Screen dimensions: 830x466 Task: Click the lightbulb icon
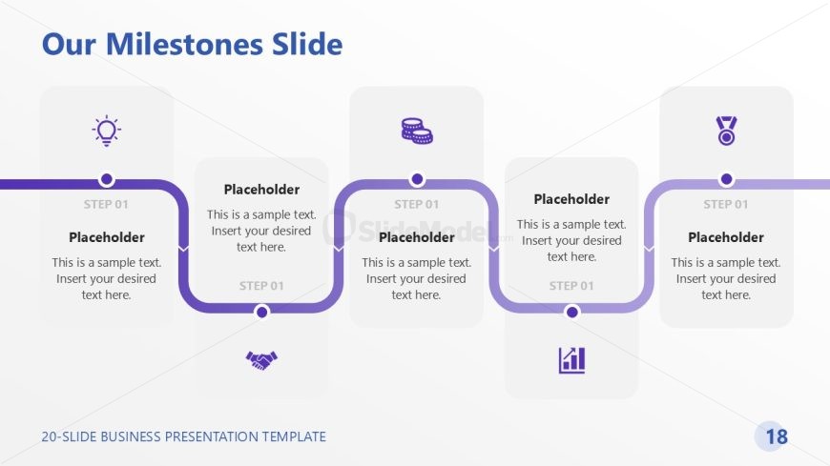[107, 131]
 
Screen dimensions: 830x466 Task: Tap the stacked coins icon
[417, 131]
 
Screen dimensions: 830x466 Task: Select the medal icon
[726, 131]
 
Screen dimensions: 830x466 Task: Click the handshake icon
[261, 360]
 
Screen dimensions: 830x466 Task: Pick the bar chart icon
[571, 360]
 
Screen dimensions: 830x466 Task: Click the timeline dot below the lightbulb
[107, 179]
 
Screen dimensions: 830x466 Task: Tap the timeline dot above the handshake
[261, 312]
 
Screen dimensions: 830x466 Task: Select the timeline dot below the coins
[417, 179]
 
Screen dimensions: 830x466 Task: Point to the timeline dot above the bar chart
[571, 312]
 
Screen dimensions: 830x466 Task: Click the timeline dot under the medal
[726, 179]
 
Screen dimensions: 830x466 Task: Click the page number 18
[777, 436]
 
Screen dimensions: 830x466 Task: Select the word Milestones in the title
[184, 44]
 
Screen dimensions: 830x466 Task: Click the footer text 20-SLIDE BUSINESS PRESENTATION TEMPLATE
[184, 436]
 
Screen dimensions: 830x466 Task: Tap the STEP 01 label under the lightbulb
[106, 204]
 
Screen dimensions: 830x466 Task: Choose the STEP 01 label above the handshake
[261, 286]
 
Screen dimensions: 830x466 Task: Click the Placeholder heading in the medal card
[726, 237]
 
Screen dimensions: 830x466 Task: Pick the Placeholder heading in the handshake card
[261, 190]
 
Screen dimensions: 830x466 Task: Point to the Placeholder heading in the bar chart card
[571, 199]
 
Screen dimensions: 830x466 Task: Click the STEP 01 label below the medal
[726, 204]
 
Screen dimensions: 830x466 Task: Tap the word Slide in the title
[307, 44]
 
